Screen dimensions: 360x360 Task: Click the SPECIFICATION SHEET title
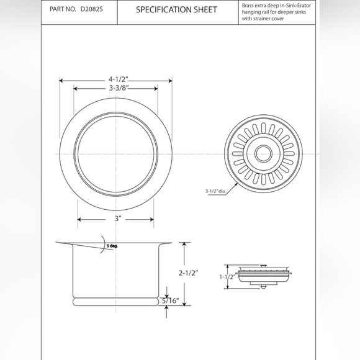[x=176, y=10]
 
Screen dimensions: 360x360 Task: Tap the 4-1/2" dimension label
[x=118, y=80]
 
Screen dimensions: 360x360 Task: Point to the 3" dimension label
[x=116, y=219]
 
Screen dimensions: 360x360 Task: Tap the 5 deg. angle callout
[x=111, y=246]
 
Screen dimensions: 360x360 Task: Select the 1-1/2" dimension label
[x=227, y=277]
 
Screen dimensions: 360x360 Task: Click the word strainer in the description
[x=259, y=20]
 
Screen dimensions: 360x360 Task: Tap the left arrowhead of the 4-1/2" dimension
[x=61, y=80]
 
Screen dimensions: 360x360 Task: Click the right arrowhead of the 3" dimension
[x=153, y=219]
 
